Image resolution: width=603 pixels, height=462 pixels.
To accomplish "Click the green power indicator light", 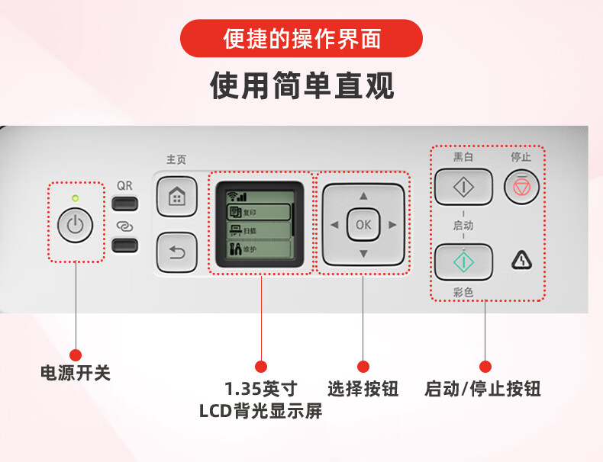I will pyautogui.click(x=75, y=198).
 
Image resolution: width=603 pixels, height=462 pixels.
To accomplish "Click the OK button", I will pyautogui.click(x=363, y=224).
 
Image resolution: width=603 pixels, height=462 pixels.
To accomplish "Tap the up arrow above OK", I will pyautogui.click(x=363, y=196).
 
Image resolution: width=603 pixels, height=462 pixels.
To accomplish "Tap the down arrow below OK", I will pyautogui.click(x=363, y=253).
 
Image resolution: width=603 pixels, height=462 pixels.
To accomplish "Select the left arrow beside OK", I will pyautogui.click(x=334, y=224).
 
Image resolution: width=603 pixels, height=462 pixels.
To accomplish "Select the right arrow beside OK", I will pyautogui.click(x=392, y=224).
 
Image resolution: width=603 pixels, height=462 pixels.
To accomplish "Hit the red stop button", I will pyautogui.click(x=521, y=186).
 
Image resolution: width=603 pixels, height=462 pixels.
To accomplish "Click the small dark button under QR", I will pyautogui.click(x=124, y=204).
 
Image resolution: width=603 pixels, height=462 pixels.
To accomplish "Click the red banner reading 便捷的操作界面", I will pyautogui.click(x=301, y=38).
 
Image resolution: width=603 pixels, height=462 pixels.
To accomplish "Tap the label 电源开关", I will pyautogui.click(x=76, y=374).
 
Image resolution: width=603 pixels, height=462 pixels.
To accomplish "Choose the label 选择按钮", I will pyautogui.click(x=363, y=389).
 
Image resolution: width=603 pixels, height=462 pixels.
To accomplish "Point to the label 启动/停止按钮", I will pyautogui.click(x=482, y=389).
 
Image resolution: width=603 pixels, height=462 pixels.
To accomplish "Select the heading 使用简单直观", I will pyautogui.click(x=301, y=86).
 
